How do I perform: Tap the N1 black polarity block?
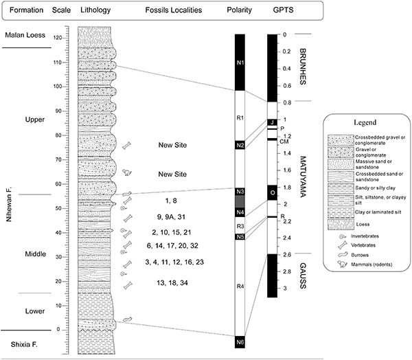[240, 63]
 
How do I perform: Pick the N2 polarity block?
[240, 145]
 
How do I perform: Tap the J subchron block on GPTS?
[272, 122]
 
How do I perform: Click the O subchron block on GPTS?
[272, 192]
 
